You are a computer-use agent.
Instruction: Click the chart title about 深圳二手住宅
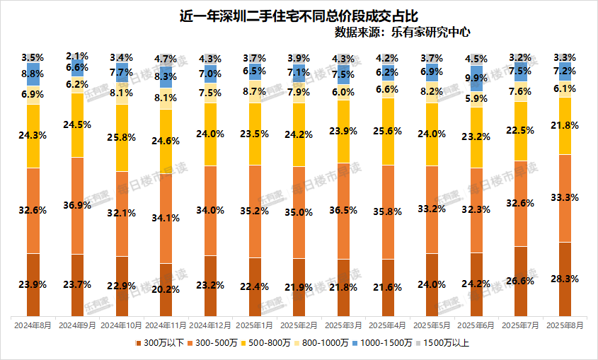(299, 15)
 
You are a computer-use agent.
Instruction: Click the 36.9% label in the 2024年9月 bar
(77, 205)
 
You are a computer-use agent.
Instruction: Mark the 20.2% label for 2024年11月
(166, 289)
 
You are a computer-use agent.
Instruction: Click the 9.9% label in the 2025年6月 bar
(476, 78)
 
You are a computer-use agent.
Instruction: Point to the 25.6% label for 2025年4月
(388, 131)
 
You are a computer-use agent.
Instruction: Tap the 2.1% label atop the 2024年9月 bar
(77, 55)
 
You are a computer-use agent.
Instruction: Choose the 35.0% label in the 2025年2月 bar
(299, 211)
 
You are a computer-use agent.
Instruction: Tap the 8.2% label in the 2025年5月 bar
(432, 91)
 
